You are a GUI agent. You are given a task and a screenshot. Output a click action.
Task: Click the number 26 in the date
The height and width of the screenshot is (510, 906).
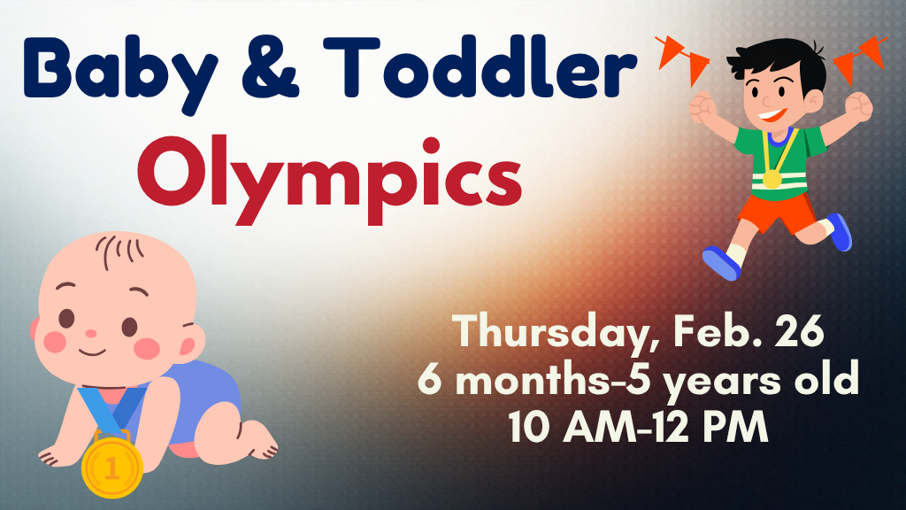tap(797, 333)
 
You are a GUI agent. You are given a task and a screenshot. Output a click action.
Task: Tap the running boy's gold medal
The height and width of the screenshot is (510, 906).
tap(772, 178)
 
